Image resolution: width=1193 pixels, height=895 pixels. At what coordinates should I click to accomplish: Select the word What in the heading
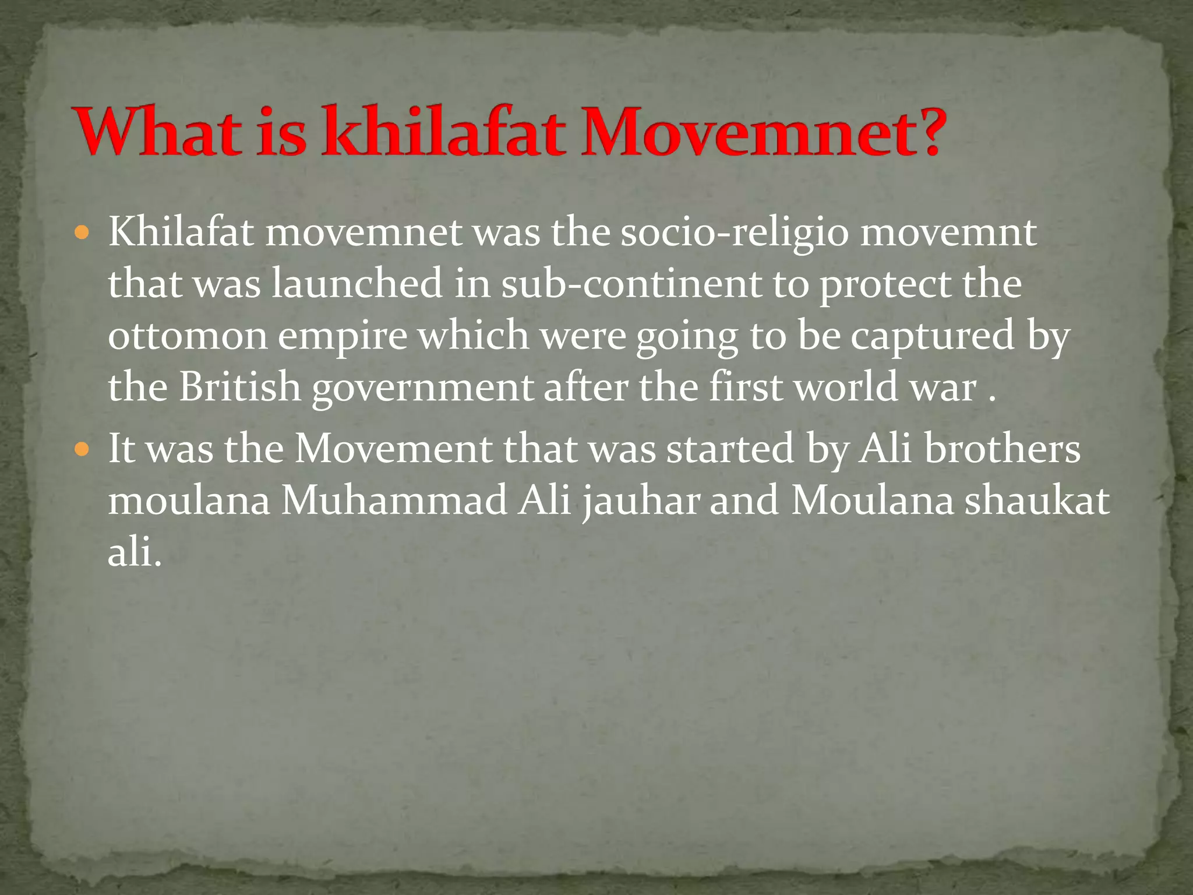[x=157, y=131]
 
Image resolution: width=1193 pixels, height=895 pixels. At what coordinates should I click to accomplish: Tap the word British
[x=239, y=387]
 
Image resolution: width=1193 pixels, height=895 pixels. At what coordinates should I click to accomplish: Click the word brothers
[x=1002, y=449]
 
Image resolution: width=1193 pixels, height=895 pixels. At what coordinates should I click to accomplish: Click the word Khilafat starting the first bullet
[x=181, y=233]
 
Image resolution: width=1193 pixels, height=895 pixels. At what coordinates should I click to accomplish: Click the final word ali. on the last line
[x=134, y=551]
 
